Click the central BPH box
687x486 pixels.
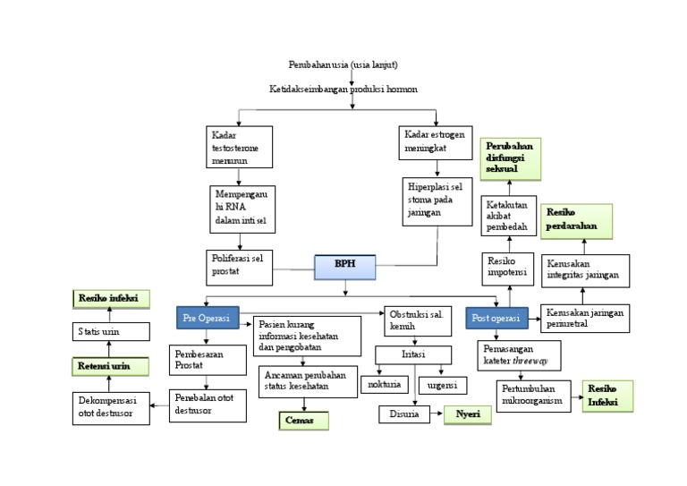[x=344, y=266]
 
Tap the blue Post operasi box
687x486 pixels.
[x=496, y=319]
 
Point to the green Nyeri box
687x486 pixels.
[x=468, y=414]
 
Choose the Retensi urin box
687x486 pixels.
[x=110, y=366]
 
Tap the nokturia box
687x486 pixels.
[x=385, y=385]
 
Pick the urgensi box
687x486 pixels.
[x=443, y=385]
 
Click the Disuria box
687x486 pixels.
[x=404, y=414]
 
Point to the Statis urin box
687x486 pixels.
[x=110, y=332]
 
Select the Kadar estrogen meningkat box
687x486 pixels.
[x=435, y=142]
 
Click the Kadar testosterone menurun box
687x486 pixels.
[x=239, y=147]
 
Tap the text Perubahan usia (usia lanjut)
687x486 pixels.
[x=343, y=64]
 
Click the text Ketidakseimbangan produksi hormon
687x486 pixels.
[x=343, y=90]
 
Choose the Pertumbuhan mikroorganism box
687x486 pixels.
[x=533, y=396]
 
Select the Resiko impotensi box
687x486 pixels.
[x=508, y=266]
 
